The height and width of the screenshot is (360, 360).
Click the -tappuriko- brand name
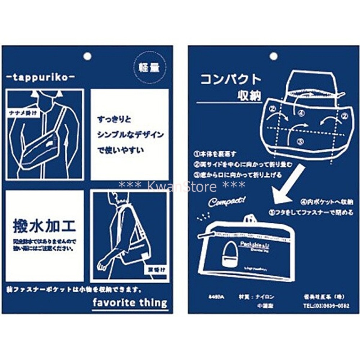[41, 77]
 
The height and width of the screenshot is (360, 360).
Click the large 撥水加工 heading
[44, 226]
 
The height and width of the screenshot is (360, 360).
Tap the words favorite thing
[130, 303]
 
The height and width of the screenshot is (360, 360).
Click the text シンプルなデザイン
[130, 135]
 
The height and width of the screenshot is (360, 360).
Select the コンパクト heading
[230, 79]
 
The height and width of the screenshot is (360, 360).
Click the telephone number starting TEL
[326, 306]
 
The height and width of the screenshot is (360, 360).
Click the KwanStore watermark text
[182, 186]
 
